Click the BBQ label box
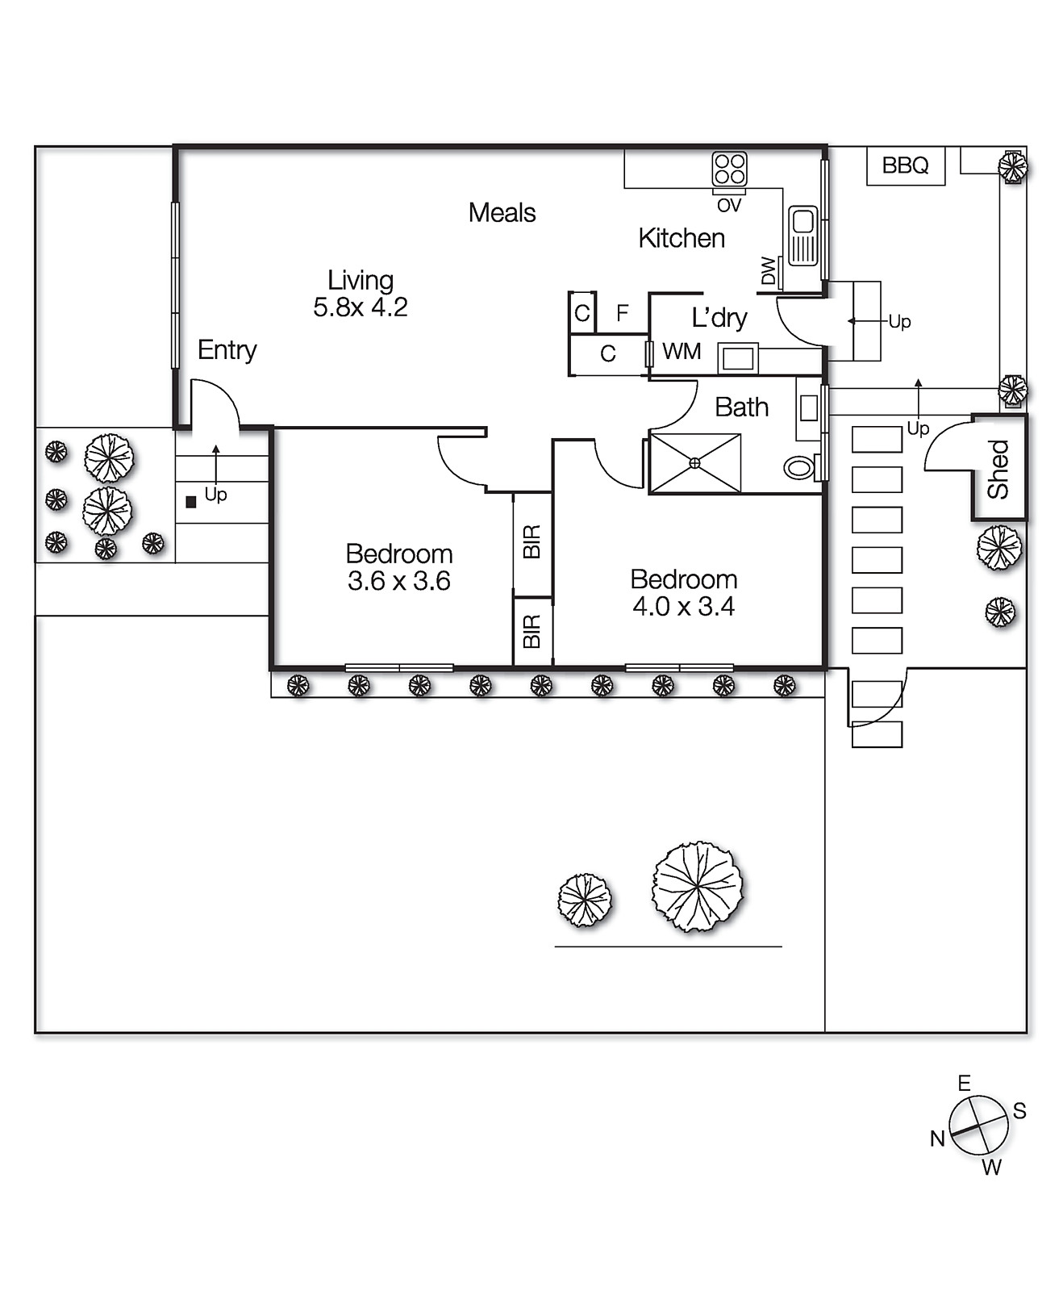point(905,165)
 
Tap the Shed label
point(998,469)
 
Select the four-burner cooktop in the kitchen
point(729,169)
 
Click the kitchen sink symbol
point(803,236)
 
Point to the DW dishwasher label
point(769,271)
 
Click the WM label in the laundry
point(682,351)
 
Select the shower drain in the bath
point(695,463)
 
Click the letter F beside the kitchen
point(622,313)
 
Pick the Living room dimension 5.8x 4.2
point(361,307)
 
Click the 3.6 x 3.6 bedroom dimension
point(399,581)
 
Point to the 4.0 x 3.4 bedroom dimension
point(684,606)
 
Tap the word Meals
point(502,213)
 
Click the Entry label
point(227,350)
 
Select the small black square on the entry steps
point(191,502)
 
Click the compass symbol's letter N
point(937,1139)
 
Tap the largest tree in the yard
point(697,887)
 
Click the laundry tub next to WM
point(738,357)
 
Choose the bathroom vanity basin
point(809,408)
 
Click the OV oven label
point(729,206)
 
